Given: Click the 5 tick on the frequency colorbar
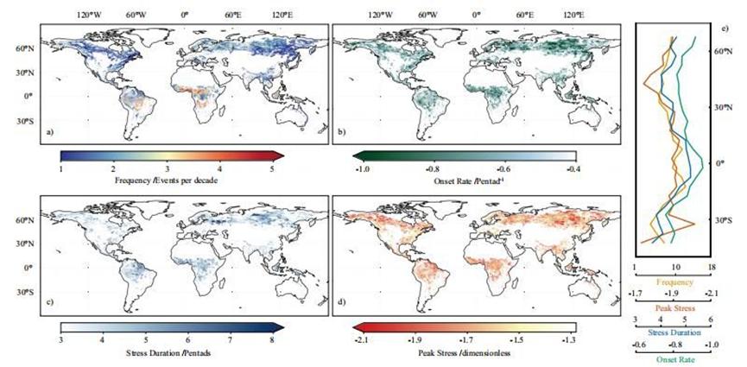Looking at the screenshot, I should pyautogui.click(x=272, y=169).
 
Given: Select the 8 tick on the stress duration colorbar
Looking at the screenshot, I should pyautogui.click(x=272, y=340).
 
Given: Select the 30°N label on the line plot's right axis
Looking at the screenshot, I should pyautogui.click(x=722, y=107).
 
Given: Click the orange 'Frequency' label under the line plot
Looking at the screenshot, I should pyautogui.click(x=674, y=282).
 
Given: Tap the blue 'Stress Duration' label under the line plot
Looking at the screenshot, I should pyautogui.click(x=674, y=331).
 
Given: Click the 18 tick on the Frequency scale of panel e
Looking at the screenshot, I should pyautogui.click(x=712, y=269).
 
